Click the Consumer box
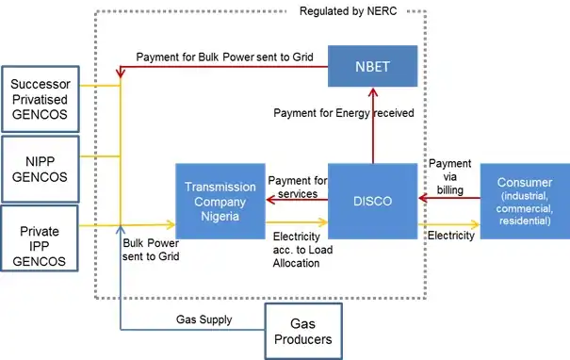tap(524, 200)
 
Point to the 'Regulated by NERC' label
tap(349, 12)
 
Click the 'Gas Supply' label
tap(204, 320)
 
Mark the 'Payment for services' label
tap(299, 187)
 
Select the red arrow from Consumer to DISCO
tap(448, 199)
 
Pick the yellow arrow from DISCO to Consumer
tap(448, 225)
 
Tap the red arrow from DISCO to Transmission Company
tap(298, 199)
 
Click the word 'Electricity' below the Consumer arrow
tap(451, 236)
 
